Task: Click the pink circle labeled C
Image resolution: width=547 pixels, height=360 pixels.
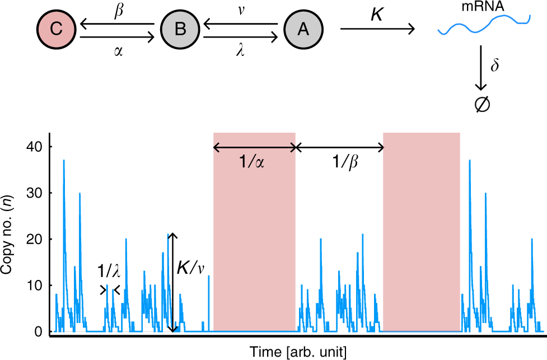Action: pyautogui.click(x=55, y=30)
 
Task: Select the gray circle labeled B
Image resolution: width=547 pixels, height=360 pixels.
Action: pyautogui.click(x=180, y=30)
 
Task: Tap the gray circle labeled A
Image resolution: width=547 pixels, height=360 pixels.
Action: pyautogui.click(x=303, y=30)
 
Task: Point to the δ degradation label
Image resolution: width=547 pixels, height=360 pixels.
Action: pyautogui.click(x=494, y=66)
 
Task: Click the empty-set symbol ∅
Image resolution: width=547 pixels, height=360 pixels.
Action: pyautogui.click(x=480, y=104)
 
